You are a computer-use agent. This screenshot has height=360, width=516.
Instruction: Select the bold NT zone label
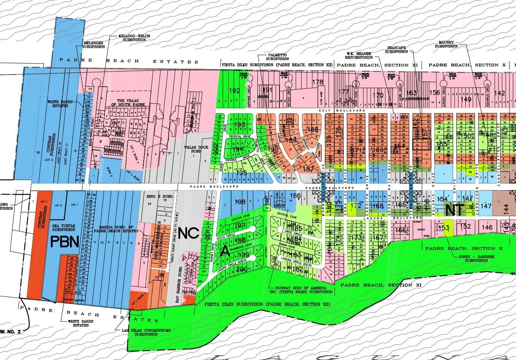454,209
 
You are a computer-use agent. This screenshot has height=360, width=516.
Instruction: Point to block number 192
234,90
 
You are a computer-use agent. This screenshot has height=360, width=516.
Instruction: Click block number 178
318,82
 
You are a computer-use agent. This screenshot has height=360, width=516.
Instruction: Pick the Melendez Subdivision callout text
94,45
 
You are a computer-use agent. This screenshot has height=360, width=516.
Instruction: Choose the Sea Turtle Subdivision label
63,228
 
